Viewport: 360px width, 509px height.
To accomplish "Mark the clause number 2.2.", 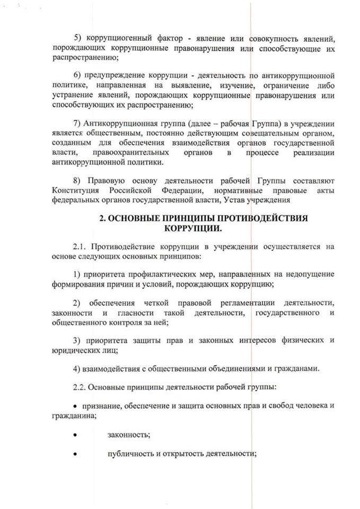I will click(x=81, y=388).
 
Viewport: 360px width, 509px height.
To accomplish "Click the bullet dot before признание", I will click(x=75, y=407).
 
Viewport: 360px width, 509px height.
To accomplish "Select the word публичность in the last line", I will click(x=129, y=454).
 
